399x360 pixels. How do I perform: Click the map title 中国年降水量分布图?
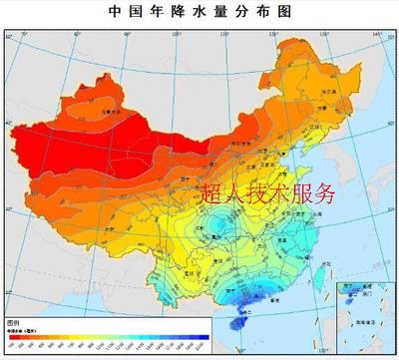tap(199, 14)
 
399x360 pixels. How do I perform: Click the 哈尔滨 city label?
tap(321, 88)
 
